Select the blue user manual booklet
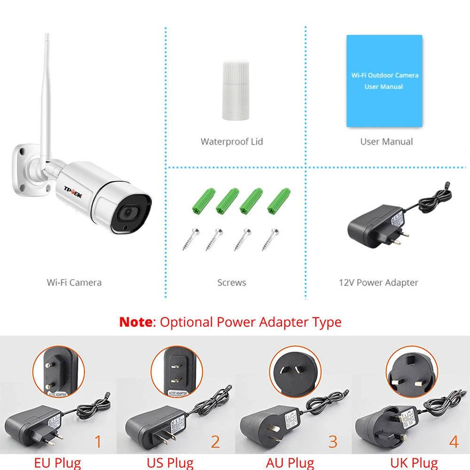coord(384,81)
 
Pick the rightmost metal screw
coord(269,239)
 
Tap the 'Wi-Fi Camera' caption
coord(74,282)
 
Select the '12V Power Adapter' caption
coord(378,282)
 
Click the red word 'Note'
coord(136,322)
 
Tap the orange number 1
coord(98,442)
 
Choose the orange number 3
coord(333,442)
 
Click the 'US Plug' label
coord(170,463)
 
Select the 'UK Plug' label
coord(414,463)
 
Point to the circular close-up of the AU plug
coord(295,371)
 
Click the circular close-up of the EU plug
coord(58,371)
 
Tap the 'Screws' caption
coord(232,282)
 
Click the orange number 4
coord(454,442)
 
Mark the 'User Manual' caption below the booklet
coord(386,141)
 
